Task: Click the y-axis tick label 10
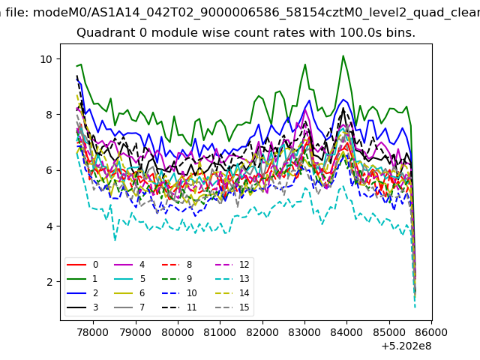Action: pyautogui.click(x=46, y=59)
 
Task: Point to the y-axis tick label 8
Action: pyautogui.click(x=49, y=115)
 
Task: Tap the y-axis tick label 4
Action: pyautogui.click(x=49, y=226)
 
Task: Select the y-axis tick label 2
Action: pyautogui.click(x=49, y=282)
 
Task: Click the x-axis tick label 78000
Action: pyautogui.click(x=93, y=332)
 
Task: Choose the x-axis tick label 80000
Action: pyautogui.click(x=178, y=332)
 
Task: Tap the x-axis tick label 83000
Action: pyautogui.click(x=304, y=332)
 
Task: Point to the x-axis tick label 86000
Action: pyautogui.click(x=432, y=332)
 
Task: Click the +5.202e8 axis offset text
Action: pyautogui.click(x=406, y=346)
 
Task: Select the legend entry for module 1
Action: pyautogui.click(x=82, y=279)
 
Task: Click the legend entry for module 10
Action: pyautogui.click(x=178, y=293)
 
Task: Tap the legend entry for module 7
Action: pyautogui.click(x=129, y=307)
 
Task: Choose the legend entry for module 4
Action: pyautogui.click(x=129, y=265)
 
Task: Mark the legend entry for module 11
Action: pyautogui.click(x=178, y=307)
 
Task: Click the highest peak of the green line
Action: pyautogui.click(x=343, y=55)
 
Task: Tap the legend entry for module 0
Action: pyautogui.click(x=82, y=265)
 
